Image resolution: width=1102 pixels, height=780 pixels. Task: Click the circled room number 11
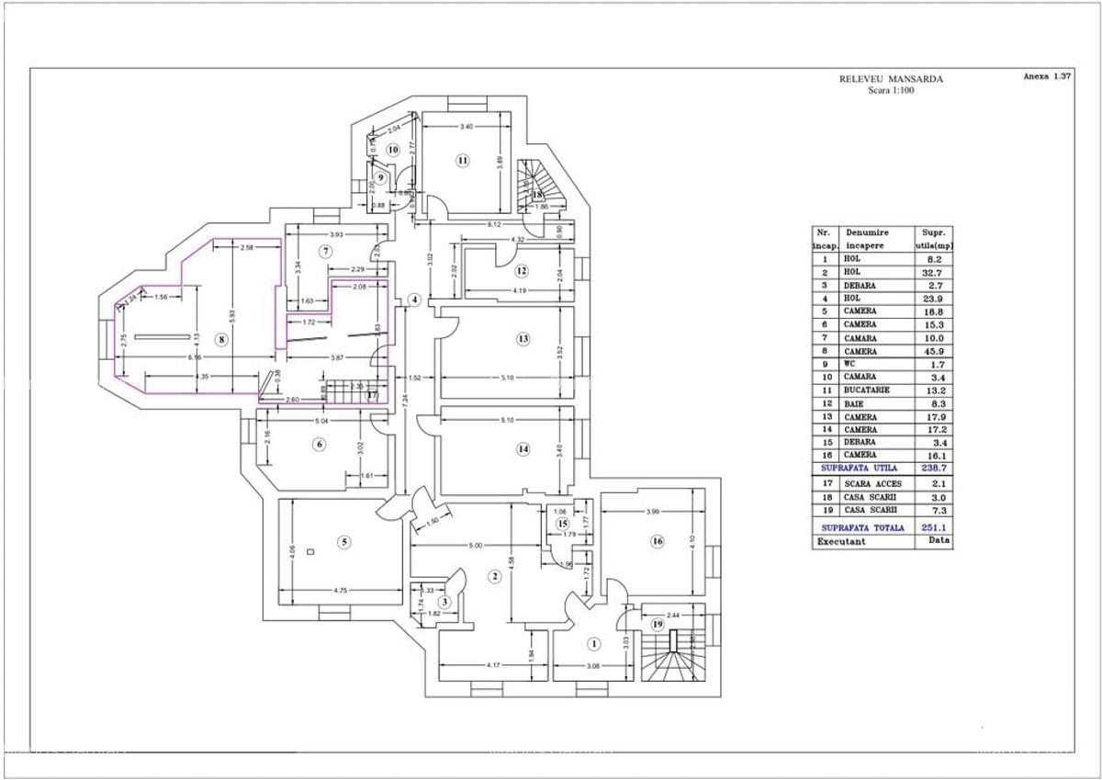(463, 161)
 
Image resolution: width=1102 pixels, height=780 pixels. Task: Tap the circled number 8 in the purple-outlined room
(220, 339)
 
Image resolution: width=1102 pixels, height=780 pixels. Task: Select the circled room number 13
(523, 339)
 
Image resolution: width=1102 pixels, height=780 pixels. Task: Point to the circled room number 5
(344, 541)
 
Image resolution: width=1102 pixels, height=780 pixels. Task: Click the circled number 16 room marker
(657, 541)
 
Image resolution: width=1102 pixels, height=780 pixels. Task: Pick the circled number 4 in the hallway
(414, 300)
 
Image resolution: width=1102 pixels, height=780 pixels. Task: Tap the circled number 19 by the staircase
(657, 624)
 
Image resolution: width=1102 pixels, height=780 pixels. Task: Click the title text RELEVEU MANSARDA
(891, 79)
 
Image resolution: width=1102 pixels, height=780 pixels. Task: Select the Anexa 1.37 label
(1046, 77)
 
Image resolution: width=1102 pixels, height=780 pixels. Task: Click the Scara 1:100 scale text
(891, 91)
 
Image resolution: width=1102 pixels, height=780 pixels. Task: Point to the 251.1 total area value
(933, 527)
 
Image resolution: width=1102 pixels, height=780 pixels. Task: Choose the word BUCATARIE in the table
(860, 390)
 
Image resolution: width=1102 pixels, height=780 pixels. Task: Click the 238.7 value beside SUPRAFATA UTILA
(933, 468)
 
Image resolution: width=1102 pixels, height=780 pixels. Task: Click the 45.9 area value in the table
(933, 352)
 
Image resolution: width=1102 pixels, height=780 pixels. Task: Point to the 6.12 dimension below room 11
(493, 224)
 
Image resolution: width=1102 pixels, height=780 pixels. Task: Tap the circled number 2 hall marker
(494, 577)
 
